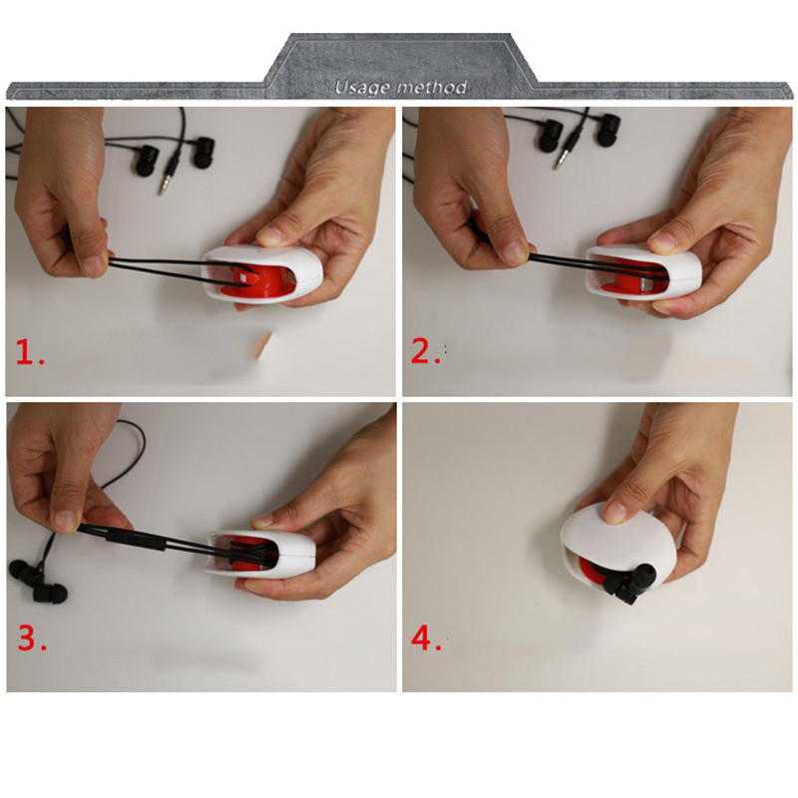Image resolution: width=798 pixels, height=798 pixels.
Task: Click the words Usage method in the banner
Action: [401, 88]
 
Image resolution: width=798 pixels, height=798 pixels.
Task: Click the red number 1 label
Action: [30, 352]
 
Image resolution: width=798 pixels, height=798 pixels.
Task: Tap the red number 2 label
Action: [426, 351]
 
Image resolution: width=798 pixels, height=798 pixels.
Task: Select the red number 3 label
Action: [32, 637]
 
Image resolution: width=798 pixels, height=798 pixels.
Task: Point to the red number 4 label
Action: [427, 638]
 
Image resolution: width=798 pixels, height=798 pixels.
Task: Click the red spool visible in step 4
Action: [593, 571]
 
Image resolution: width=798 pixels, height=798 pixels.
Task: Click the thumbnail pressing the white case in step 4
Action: [615, 511]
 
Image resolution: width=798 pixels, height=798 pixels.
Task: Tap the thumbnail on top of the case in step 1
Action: [268, 236]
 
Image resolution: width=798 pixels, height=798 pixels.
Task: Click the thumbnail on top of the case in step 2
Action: [661, 241]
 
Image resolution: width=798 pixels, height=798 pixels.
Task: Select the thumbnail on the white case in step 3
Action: [263, 521]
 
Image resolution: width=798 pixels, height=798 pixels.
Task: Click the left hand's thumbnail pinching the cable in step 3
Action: [65, 521]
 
